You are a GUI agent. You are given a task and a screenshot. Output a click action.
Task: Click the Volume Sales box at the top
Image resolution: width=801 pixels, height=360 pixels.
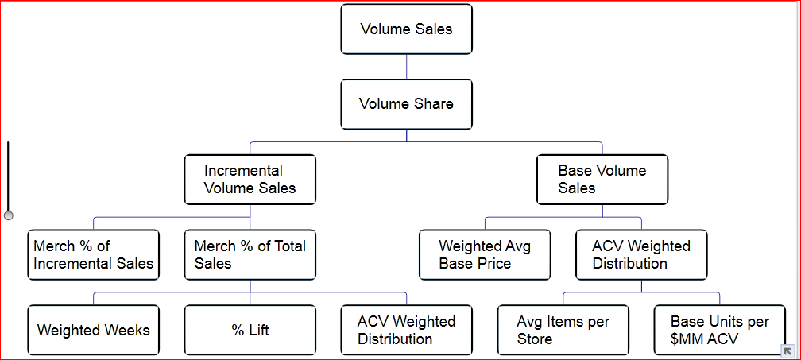point(406,29)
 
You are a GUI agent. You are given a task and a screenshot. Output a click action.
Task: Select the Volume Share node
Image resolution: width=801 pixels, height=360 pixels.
point(406,104)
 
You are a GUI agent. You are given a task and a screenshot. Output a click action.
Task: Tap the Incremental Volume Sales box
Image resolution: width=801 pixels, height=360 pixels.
point(250,180)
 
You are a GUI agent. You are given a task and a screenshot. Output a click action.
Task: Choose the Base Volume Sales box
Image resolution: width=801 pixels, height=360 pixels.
point(602,180)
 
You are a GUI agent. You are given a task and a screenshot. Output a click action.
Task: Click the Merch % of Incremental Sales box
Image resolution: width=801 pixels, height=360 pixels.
point(93,255)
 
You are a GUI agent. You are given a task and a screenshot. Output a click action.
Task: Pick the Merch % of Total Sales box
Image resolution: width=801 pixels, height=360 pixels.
point(250,255)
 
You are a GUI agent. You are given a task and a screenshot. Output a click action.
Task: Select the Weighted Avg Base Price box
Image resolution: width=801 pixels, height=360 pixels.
point(485,255)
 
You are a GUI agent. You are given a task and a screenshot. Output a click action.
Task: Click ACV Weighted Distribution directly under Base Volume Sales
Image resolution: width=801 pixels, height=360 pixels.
point(640,255)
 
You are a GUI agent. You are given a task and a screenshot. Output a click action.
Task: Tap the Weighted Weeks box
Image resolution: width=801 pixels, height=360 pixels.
point(93,330)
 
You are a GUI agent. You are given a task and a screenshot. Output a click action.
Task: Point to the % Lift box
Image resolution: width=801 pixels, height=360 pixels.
point(250,330)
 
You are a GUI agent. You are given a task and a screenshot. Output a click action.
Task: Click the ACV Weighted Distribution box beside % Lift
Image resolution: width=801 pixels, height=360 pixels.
point(406,330)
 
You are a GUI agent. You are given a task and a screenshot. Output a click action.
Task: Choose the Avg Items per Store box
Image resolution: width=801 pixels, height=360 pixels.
point(563,330)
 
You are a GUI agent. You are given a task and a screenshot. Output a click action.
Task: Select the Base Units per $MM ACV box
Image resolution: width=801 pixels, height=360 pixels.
point(719,330)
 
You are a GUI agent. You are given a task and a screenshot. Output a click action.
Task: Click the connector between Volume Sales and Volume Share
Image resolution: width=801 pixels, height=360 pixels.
point(406,67)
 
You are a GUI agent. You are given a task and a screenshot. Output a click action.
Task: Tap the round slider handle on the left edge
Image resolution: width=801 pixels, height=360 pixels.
point(9,215)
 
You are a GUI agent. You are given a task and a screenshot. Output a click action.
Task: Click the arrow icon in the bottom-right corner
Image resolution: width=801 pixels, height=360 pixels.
point(787,350)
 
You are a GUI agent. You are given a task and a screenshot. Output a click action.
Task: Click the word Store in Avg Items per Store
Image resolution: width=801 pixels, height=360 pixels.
point(536,339)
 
